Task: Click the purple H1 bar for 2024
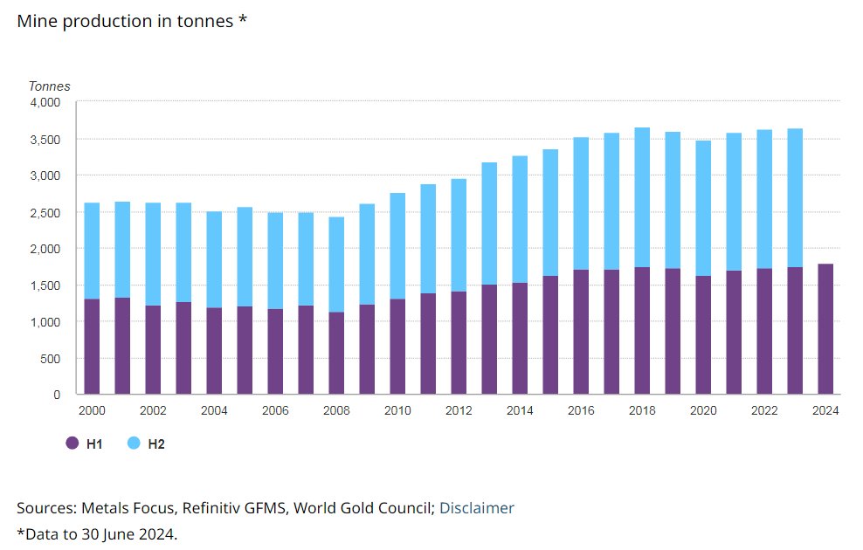[825, 329]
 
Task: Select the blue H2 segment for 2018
[642, 197]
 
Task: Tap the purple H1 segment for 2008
[336, 353]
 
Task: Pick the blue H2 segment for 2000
[92, 251]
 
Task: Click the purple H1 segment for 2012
[459, 343]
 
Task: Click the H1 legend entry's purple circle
[72, 443]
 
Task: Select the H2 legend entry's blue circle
[134, 443]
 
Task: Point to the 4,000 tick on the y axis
[45, 102]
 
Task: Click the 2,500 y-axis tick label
[45, 212]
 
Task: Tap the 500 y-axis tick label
[51, 358]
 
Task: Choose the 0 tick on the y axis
[57, 395]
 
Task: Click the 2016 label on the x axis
[581, 410]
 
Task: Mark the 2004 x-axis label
[214, 410]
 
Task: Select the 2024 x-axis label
[825, 410]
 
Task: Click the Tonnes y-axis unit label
[50, 86]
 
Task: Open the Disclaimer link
[476, 508]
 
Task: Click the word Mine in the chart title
[36, 21]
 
